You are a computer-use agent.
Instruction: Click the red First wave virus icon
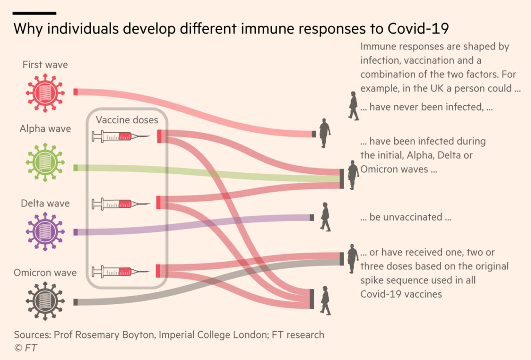(x=45, y=92)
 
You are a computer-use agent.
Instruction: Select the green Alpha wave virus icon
(x=45, y=162)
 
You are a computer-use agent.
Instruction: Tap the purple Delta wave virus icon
(x=45, y=231)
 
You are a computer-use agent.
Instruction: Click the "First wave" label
(x=45, y=65)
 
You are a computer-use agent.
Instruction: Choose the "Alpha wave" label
(x=45, y=129)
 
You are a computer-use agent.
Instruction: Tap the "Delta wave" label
(x=45, y=203)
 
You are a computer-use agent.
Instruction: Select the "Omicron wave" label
(x=45, y=272)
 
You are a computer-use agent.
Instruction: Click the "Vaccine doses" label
(x=127, y=120)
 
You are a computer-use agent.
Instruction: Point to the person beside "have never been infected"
(x=353, y=106)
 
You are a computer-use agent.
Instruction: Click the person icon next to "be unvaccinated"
(x=325, y=217)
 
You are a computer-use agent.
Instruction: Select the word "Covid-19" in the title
(x=418, y=29)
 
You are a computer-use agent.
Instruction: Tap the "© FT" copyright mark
(x=25, y=348)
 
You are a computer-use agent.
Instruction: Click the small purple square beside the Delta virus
(x=75, y=232)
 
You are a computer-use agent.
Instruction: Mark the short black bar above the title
(x=35, y=13)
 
